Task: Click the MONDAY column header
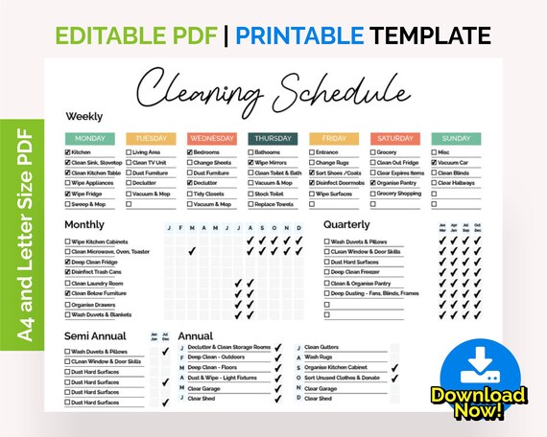[x=89, y=138]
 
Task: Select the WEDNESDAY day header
[x=212, y=138]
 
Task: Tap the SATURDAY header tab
[x=394, y=138]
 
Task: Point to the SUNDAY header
[x=455, y=138]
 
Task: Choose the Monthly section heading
[x=84, y=224]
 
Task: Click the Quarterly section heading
[x=346, y=224]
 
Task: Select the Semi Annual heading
[x=96, y=335]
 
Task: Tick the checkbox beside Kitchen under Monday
[x=67, y=152]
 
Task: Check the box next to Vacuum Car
[x=434, y=163]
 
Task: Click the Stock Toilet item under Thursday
[x=273, y=194]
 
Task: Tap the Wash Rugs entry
[x=320, y=356]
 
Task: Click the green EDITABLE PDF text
[x=135, y=35]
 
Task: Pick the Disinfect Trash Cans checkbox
[x=67, y=272]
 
